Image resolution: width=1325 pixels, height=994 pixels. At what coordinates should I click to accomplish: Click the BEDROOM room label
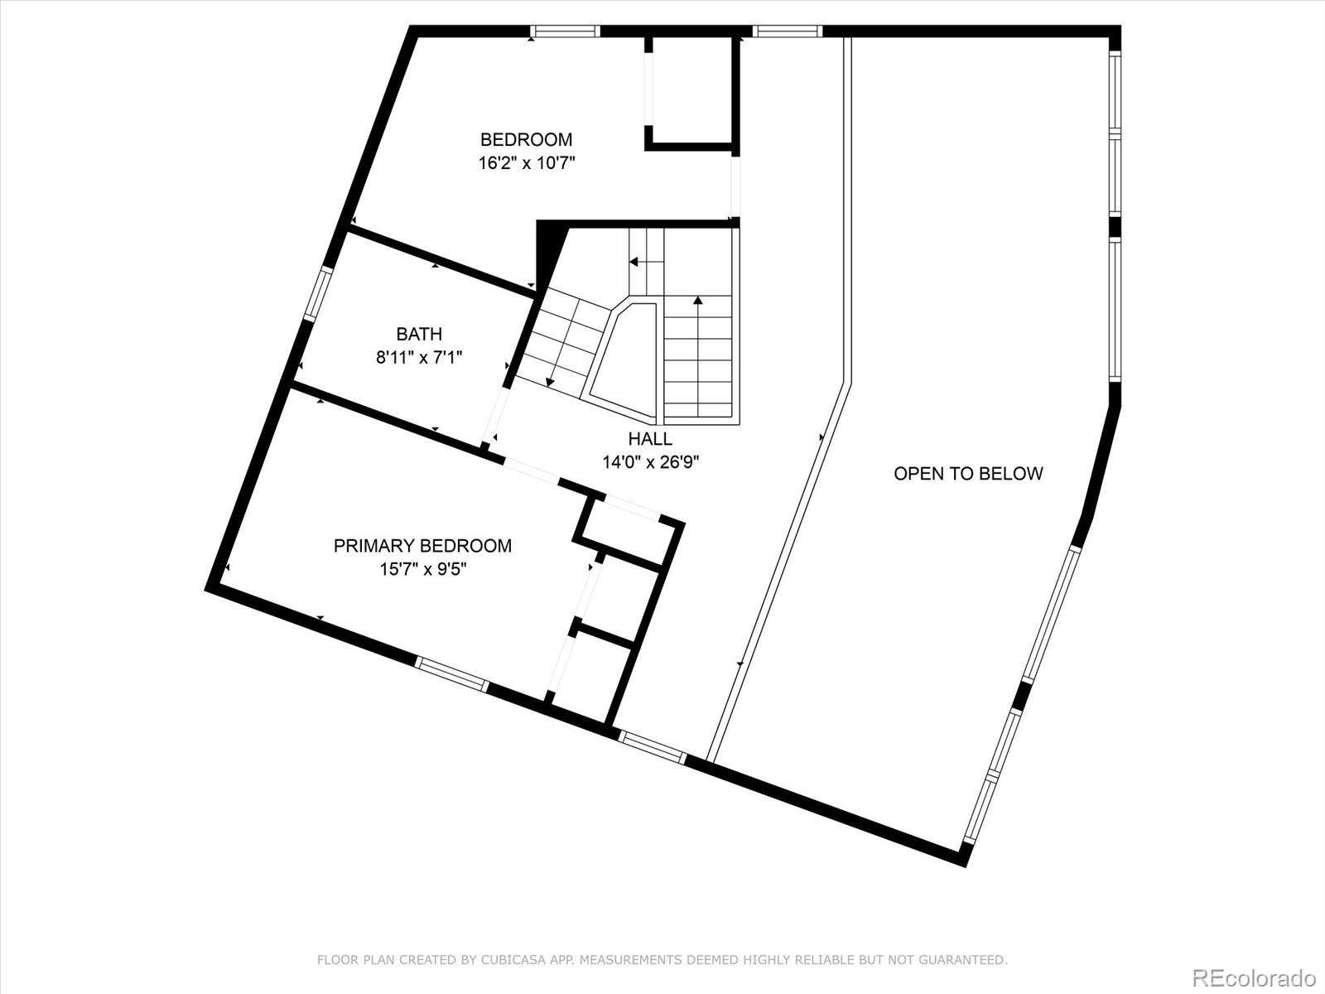point(526,139)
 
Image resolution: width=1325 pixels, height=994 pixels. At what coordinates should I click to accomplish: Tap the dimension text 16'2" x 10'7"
point(527,163)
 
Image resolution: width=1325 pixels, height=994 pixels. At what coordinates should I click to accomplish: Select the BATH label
point(419,334)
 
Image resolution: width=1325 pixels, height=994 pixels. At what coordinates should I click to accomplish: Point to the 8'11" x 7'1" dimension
point(419,357)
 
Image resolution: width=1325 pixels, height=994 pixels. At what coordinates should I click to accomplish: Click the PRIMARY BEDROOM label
point(422,546)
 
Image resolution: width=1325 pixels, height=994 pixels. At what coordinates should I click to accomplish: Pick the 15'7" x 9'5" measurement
point(422,569)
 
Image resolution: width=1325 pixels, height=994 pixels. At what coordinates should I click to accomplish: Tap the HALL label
point(650,438)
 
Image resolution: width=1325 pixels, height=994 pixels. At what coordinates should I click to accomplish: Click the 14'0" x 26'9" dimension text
point(651,462)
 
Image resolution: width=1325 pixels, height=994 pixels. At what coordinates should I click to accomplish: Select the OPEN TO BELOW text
point(968,474)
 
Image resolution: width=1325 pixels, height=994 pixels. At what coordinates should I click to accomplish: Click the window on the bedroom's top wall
point(565,31)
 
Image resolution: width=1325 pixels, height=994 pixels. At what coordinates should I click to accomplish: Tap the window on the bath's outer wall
point(318,294)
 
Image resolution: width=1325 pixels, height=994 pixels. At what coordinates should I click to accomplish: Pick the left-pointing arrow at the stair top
point(647,262)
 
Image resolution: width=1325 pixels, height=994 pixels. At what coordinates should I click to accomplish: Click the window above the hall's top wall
point(788,31)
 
